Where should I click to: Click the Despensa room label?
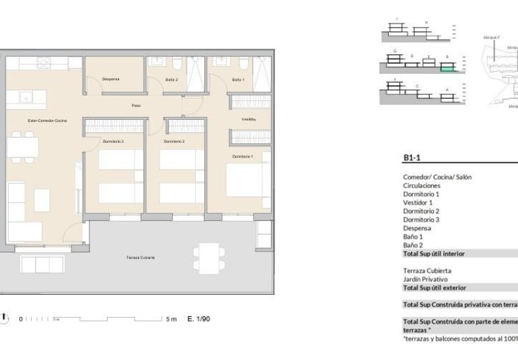(x=111, y=79)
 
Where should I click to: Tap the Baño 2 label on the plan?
(x=172, y=80)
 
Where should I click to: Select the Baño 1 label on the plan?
(x=238, y=80)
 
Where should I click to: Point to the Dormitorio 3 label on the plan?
(x=113, y=142)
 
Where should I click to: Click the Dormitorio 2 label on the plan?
(x=174, y=142)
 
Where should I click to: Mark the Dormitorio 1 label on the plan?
(x=243, y=156)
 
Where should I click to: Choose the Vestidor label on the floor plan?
(x=248, y=120)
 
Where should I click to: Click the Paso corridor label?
(x=136, y=106)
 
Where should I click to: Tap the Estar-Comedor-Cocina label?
(x=47, y=120)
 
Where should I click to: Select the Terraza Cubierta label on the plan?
(x=141, y=258)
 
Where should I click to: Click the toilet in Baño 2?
(x=177, y=65)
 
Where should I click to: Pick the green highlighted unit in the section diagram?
(x=447, y=68)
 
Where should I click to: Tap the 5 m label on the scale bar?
(x=171, y=319)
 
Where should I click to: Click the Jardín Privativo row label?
(x=425, y=279)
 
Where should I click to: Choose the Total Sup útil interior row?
(x=434, y=254)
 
